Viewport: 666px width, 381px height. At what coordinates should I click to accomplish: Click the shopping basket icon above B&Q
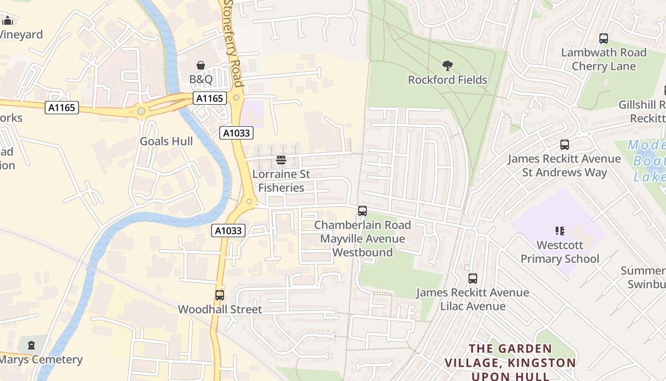click(201, 65)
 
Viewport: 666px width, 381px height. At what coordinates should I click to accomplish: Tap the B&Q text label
click(201, 80)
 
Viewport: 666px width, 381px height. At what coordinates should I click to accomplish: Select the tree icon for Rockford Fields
click(447, 66)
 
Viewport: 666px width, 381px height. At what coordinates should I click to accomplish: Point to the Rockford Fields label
click(447, 80)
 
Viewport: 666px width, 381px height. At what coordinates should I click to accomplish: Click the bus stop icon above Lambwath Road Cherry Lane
click(603, 39)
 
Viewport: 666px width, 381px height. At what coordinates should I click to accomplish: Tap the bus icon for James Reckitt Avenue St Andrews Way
click(564, 145)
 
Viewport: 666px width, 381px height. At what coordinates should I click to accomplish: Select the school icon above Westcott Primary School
click(559, 231)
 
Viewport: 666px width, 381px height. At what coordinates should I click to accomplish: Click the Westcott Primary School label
click(559, 252)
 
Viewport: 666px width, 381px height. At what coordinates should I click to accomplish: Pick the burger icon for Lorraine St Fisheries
click(281, 160)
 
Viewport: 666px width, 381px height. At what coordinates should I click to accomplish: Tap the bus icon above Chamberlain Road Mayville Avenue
click(362, 211)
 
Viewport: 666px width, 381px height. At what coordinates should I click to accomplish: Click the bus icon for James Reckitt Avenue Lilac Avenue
click(472, 279)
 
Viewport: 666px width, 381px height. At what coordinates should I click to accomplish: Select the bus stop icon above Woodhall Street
click(219, 295)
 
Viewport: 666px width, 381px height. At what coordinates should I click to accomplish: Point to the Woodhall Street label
click(220, 310)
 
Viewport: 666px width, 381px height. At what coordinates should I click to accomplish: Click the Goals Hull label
click(166, 141)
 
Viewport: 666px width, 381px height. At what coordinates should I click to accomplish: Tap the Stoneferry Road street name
click(233, 43)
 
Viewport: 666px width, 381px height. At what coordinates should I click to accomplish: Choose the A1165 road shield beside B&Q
click(209, 99)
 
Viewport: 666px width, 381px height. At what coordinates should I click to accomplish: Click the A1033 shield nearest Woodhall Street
click(228, 231)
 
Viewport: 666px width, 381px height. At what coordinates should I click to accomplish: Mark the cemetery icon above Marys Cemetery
click(31, 345)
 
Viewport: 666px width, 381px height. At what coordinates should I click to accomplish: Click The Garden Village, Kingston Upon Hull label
click(510, 362)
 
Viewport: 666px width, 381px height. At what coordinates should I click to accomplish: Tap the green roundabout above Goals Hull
click(141, 111)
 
